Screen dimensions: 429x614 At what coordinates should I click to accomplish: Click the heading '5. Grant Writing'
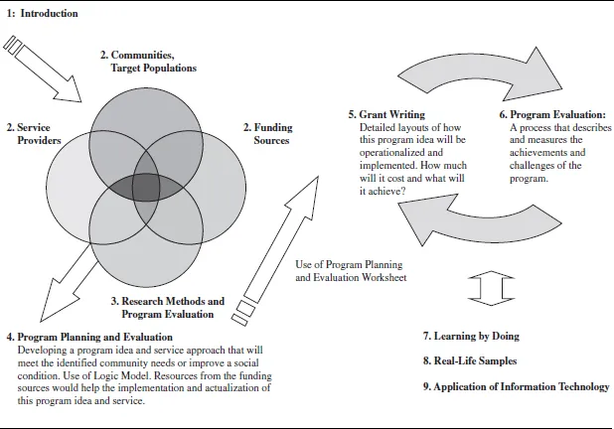pos(386,115)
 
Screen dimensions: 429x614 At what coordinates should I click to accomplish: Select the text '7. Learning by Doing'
pos(471,337)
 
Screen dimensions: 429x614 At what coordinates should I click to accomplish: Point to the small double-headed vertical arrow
pos(482,287)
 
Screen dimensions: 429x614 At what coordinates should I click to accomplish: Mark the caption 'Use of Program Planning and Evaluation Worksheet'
pos(352,271)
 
